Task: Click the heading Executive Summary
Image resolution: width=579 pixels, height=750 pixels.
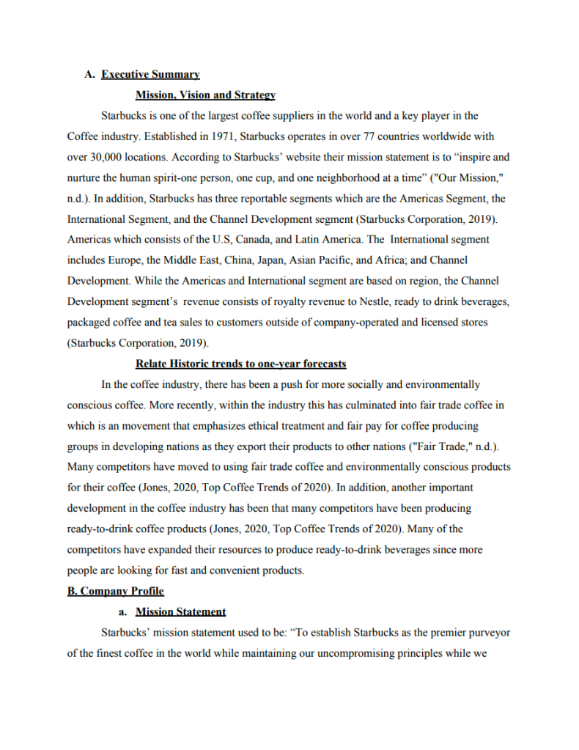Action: pyautogui.click(x=150, y=74)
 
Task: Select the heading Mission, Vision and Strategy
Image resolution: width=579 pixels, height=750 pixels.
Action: pyautogui.click(x=205, y=95)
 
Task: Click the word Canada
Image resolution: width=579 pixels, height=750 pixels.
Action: pyautogui.click(x=252, y=240)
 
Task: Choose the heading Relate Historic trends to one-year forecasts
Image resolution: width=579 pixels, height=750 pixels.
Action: pyautogui.click(x=241, y=364)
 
